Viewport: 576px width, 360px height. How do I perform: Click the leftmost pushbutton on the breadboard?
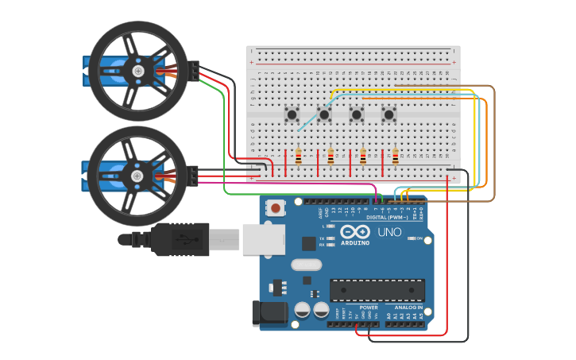[292, 114]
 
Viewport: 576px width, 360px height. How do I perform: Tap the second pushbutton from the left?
[324, 114]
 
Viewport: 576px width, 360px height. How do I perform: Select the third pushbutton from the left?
[357, 114]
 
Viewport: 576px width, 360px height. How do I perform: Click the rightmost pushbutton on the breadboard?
[389, 114]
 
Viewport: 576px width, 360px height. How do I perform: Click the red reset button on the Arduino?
[275, 208]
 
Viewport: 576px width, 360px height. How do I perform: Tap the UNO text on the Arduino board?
[389, 233]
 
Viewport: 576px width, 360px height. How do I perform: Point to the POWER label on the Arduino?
[369, 307]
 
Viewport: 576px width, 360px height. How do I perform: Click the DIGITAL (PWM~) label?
[387, 217]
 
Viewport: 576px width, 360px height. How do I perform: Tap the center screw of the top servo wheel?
[138, 72]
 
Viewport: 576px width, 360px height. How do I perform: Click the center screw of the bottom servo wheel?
[137, 176]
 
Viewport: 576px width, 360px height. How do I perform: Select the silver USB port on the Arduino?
[263, 238]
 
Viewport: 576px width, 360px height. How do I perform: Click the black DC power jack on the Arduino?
[268, 313]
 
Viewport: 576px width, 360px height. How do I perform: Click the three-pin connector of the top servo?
[194, 71]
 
